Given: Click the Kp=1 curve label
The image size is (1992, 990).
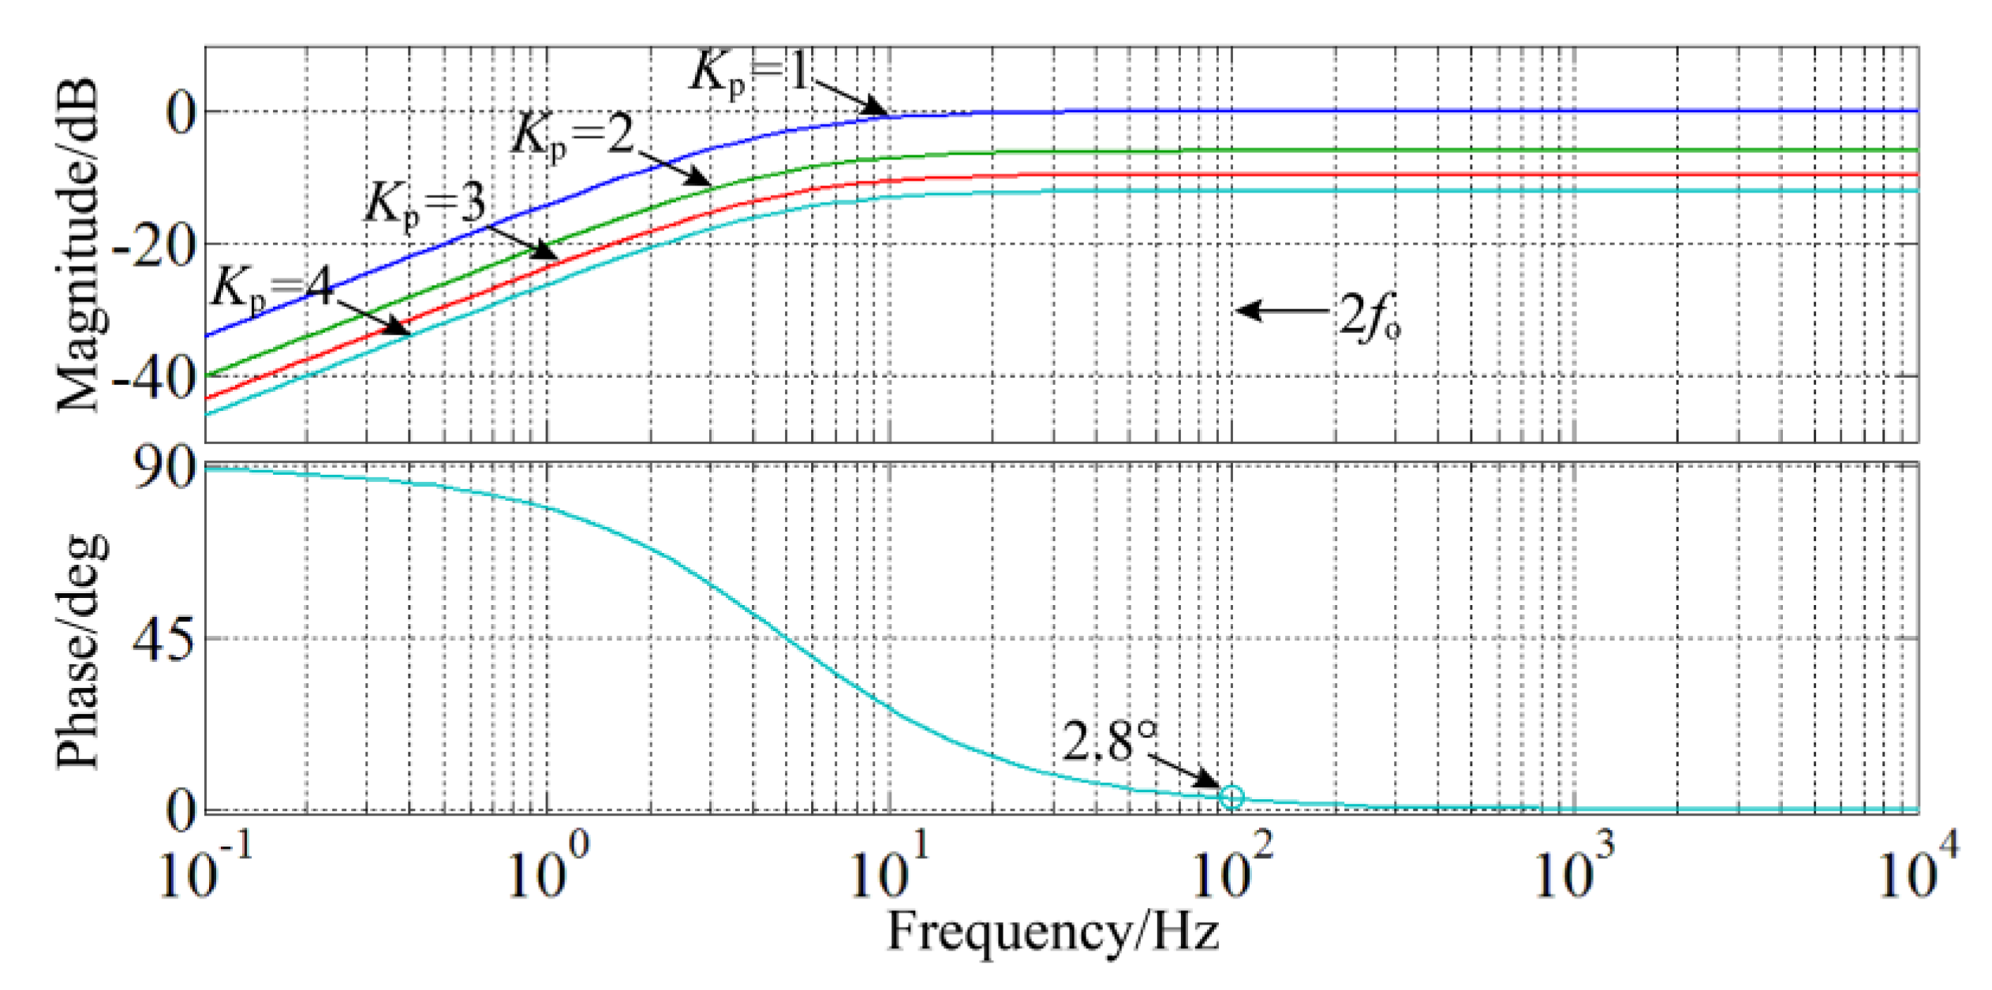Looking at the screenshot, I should click(749, 73).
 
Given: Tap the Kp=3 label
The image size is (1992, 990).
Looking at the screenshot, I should click(424, 204).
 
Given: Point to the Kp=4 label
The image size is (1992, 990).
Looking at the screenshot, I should click(272, 288).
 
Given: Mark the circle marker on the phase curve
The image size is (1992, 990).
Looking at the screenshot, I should click(1231, 798).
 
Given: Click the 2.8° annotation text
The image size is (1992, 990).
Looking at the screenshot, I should click(1108, 741).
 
